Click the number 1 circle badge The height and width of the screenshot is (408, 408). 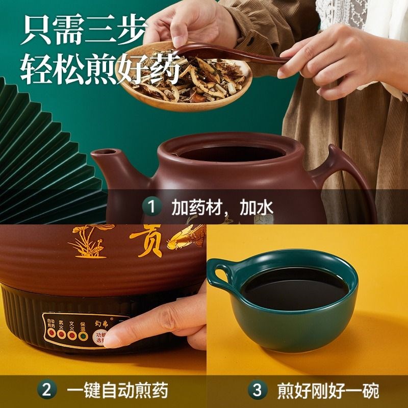[151, 207]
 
